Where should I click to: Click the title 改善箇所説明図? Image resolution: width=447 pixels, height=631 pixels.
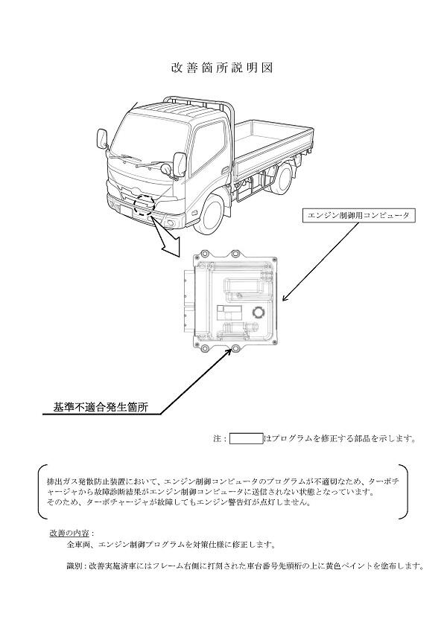pos(223,68)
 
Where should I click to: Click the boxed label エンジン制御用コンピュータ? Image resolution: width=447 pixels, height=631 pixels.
pos(358,215)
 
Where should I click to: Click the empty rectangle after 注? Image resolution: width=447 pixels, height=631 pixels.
pos(246,439)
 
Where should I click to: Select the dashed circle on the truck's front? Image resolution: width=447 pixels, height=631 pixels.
pos(142,204)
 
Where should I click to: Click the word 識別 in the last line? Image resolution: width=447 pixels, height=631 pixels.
pos(74,566)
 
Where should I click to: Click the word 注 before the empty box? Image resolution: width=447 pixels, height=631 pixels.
pos(217,439)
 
